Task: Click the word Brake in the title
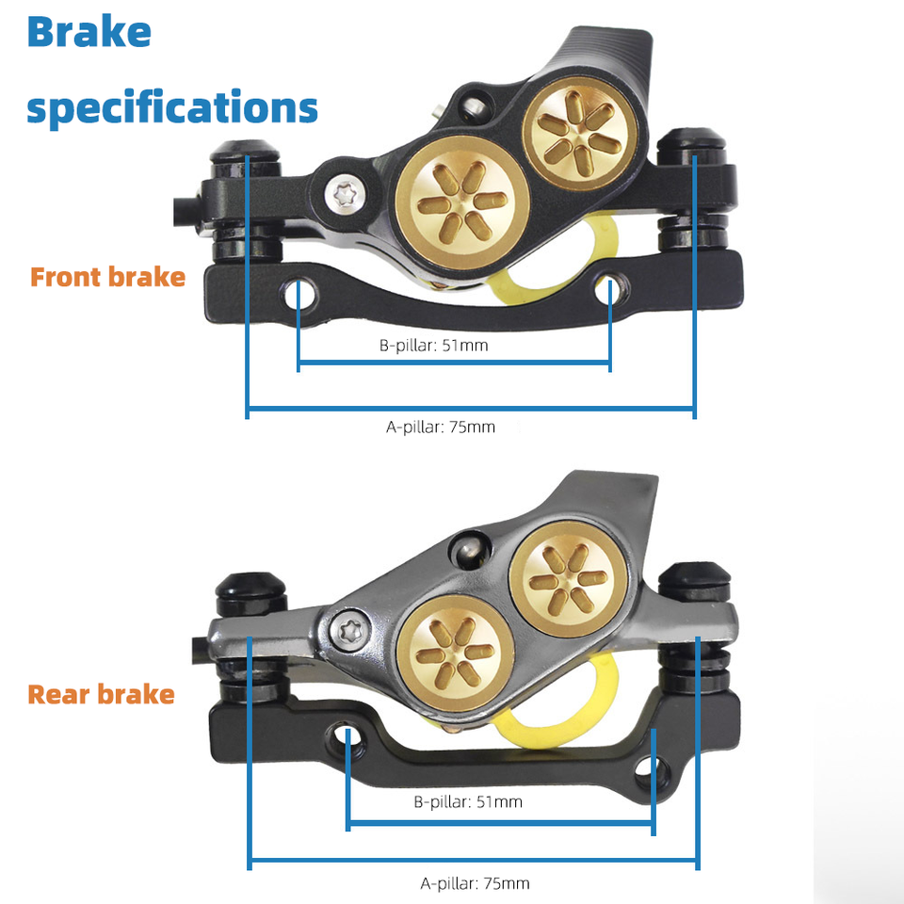point(89,33)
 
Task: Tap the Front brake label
point(107,277)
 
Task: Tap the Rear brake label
point(102,695)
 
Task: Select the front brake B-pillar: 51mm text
point(434,346)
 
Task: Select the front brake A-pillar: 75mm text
point(441,427)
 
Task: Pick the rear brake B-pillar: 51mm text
point(468,802)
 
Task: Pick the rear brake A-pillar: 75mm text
point(475,883)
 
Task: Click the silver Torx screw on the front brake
point(343,194)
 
